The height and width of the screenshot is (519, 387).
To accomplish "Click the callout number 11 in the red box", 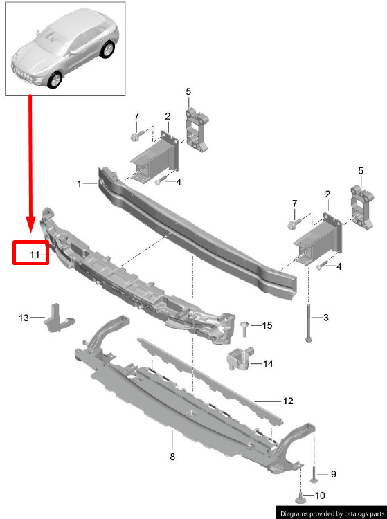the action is click(35, 255).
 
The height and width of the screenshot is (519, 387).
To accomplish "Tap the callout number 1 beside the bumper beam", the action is click(79, 183).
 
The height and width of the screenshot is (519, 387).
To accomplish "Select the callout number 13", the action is click(24, 318).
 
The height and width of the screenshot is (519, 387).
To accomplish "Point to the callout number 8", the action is click(172, 457).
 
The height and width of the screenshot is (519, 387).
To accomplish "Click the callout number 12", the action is click(288, 401).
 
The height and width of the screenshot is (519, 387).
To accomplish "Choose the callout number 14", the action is click(268, 364).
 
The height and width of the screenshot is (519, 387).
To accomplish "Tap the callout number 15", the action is click(267, 325).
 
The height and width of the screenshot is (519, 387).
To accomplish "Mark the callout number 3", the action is click(326, 318).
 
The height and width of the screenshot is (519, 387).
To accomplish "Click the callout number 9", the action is click(334, 474).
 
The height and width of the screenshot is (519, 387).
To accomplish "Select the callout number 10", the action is click(320, 495).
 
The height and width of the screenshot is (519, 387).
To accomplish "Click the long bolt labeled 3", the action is click(309, 323).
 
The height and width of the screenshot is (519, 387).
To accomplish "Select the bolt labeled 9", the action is click(314, 475).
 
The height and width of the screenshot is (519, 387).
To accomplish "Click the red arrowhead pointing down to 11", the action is click(30, 225).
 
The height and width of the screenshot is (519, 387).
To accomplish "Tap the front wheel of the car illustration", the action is click(55, 80).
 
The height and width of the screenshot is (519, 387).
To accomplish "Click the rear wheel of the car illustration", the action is click(107, 50).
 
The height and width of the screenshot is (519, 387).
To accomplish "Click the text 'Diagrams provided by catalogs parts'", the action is click(332, 513).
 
